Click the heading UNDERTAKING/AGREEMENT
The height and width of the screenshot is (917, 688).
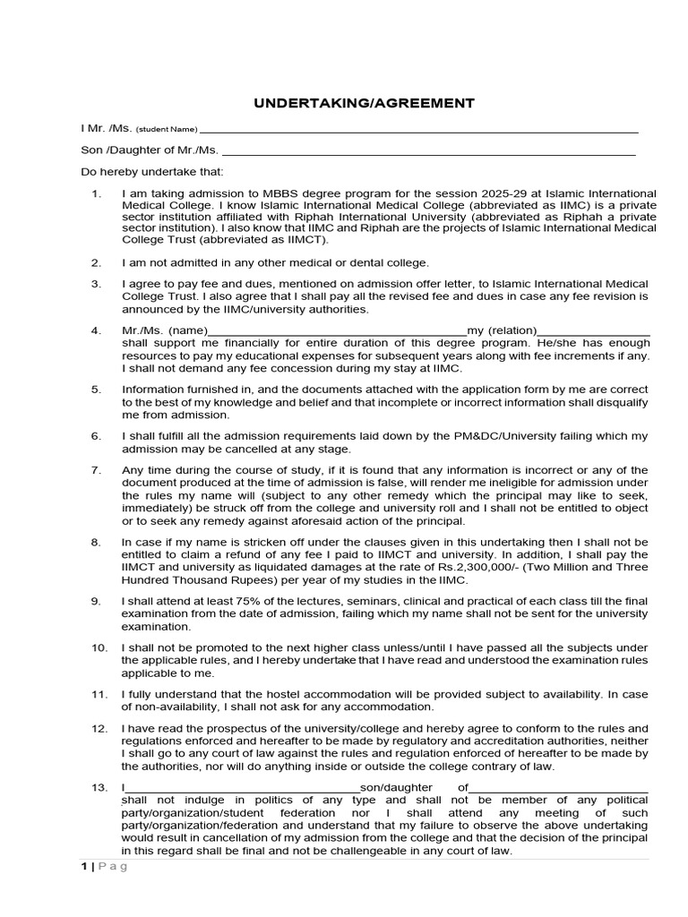pyautogui.click(x=364, y=103)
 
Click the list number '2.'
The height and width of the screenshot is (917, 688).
pyautogui.click(x=96, y=262)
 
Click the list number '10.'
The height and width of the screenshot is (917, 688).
pyautogui.click(x=99, y=647)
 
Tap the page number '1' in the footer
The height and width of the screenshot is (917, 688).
pyautogui.click(x=84, y=867)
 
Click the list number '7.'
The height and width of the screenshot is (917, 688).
pyautogui.click(x=96, y=470)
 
